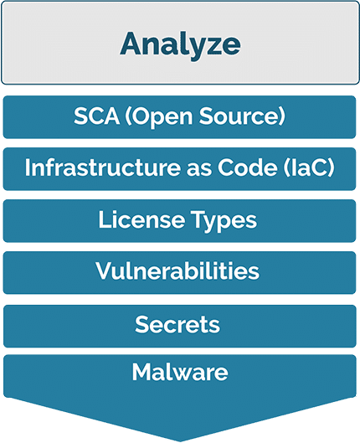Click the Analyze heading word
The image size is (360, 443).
(x=180, y=45)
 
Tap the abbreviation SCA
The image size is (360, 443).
(x=96, y=116)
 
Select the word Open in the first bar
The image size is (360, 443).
(x=159, y=117)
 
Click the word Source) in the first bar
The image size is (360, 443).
(x=242, y=116)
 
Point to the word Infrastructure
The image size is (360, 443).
(x=102, y=167)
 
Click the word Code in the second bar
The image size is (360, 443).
(x=248, y=167)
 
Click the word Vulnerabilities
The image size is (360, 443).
(x=177, y=271)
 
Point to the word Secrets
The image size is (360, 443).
(x=177, y=324)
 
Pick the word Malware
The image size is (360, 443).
(x=180, y=372)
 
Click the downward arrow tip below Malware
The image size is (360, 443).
(x=180, y=440)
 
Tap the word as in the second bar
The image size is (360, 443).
(x=198, y=170)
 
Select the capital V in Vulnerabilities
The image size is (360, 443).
(x=105, y=271)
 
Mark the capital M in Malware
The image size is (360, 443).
(x=142, y=372)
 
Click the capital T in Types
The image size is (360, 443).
(x=199, y=219)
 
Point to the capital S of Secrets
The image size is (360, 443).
(x=141, y=324)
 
